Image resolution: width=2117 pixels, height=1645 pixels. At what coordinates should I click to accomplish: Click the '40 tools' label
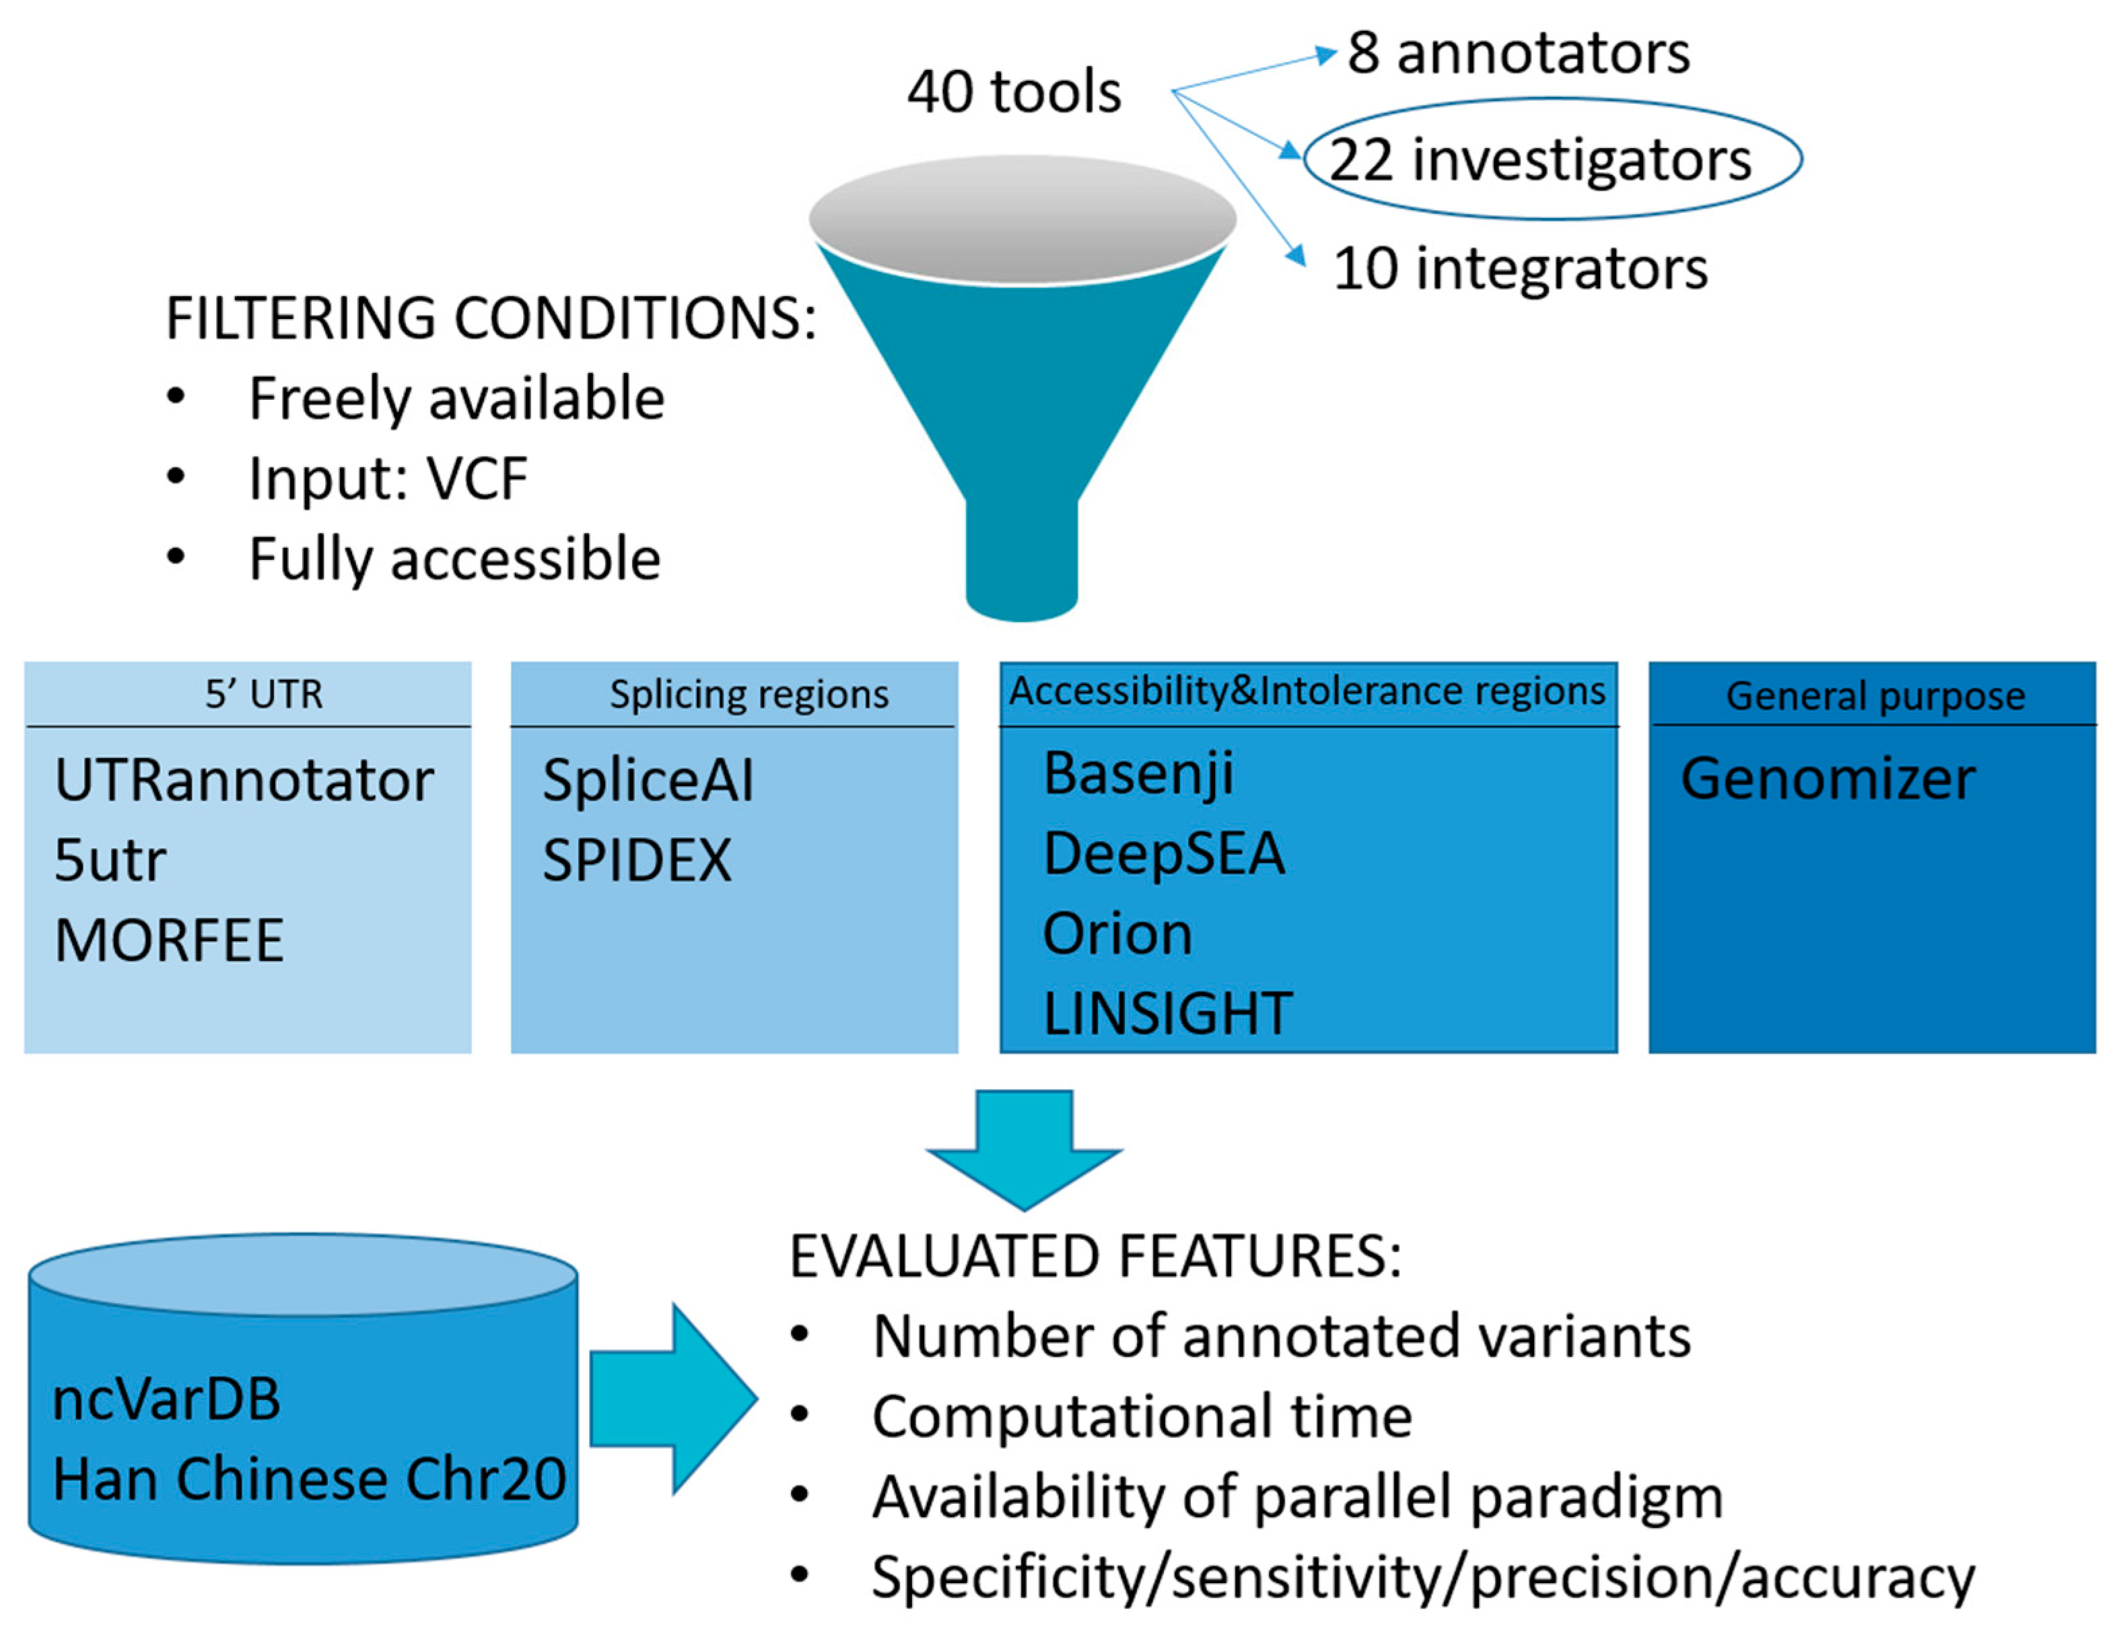1014,92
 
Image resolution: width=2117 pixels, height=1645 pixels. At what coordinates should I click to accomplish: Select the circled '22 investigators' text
1540,160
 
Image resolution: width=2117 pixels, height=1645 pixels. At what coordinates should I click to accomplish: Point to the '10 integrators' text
1519,269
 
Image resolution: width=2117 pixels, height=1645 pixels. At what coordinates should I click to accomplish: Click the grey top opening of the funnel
1022,218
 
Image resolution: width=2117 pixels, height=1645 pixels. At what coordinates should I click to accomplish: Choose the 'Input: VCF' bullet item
388,478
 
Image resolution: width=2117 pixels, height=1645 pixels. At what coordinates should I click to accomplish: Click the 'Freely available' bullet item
456,398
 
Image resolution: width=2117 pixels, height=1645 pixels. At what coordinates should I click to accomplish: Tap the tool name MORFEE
169,940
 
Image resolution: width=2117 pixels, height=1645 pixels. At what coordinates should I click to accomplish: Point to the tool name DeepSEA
1163,854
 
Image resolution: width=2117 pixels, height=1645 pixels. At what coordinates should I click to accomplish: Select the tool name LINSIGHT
1167,1013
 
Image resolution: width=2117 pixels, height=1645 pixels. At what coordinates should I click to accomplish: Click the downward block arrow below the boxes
1024,1149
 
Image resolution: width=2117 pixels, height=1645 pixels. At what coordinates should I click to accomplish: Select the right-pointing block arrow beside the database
672,1398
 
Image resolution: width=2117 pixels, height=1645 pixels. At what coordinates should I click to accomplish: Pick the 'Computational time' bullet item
1141,1417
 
